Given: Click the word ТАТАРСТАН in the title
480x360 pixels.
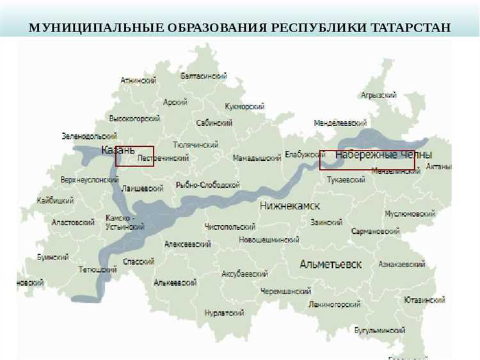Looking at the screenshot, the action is [411, 28].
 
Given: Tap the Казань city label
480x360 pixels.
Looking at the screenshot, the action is [118, 150].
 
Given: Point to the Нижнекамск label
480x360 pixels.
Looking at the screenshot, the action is [290, 206].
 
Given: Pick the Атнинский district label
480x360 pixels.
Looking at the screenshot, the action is [139, 81].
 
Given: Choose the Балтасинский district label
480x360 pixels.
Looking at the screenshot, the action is [204, 76].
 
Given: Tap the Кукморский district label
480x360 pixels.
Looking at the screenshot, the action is [244, 106].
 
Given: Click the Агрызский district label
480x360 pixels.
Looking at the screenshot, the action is [379, 95].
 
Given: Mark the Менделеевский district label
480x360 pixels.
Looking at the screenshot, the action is [340, 122].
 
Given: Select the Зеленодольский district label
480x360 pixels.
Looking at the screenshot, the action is [89, 136].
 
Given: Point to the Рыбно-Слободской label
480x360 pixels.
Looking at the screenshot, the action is [207, 185].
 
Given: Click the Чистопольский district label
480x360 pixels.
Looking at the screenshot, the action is [230, 227].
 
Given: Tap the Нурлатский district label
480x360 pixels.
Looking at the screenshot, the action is [224, 313].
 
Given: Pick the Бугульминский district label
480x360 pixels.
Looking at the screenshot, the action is [380, 331].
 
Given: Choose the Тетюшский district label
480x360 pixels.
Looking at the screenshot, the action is [97, 270].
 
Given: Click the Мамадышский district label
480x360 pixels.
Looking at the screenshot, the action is [257, 158].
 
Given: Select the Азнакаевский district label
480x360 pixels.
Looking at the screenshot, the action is [402, 264].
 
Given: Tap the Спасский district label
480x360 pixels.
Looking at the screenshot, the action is [139, 261].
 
